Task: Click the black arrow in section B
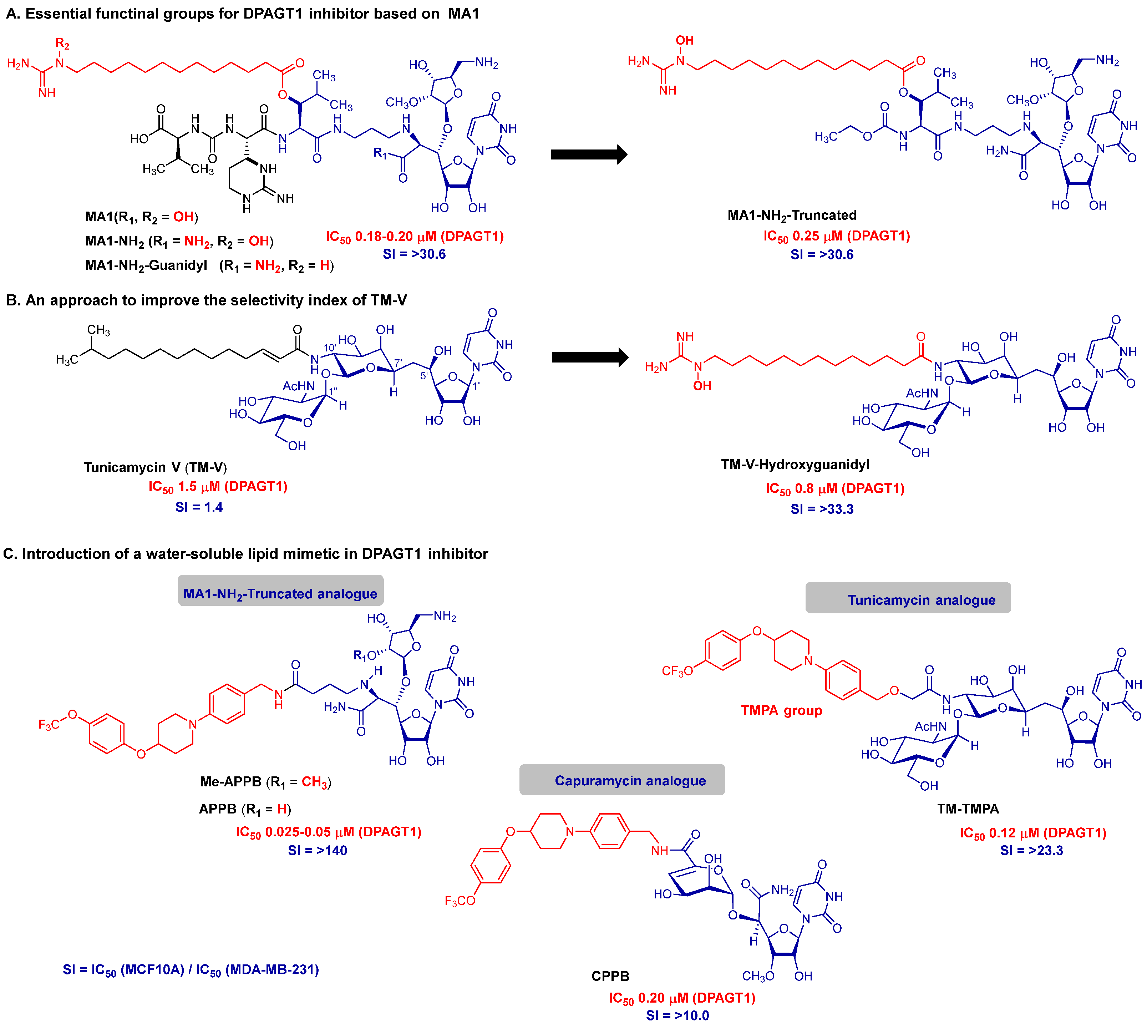point(589,357)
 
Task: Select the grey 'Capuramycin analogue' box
point(621,780)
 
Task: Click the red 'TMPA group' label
point(781,711)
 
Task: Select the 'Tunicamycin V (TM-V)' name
point(155,467)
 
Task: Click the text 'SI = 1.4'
point(199,507)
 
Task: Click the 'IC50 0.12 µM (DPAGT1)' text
point(1032,833)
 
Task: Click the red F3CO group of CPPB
point(460,901)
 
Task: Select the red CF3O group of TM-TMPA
point(677,671)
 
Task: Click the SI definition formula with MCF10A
point(191,970)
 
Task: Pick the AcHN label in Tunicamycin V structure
point(298,386)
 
